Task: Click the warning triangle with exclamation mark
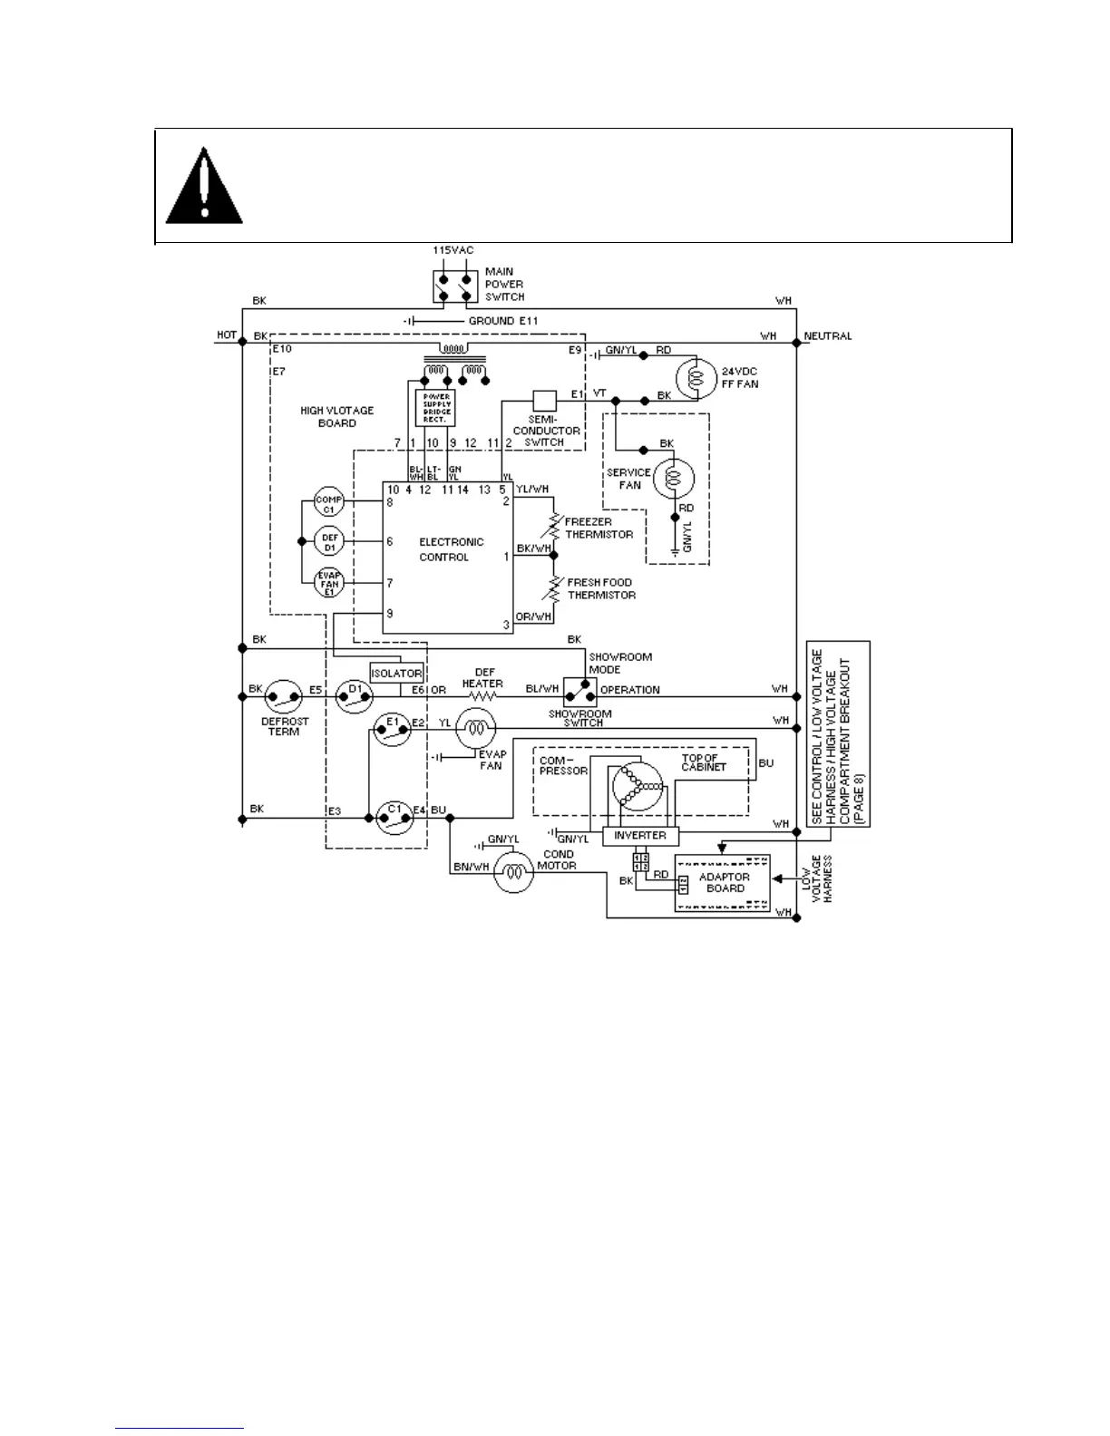204,189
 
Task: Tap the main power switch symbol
455,285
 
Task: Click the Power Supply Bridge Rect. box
435,408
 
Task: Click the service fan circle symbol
673,479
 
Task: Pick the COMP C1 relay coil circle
329,502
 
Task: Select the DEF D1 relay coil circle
329,542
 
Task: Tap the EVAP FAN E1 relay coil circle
329,582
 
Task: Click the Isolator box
396,674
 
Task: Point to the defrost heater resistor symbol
482,696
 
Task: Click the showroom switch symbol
579,693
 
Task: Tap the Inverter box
640,836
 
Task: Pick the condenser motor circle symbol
514,872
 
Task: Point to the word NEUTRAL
828,336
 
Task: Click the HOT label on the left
227,335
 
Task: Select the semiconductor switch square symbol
544,401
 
